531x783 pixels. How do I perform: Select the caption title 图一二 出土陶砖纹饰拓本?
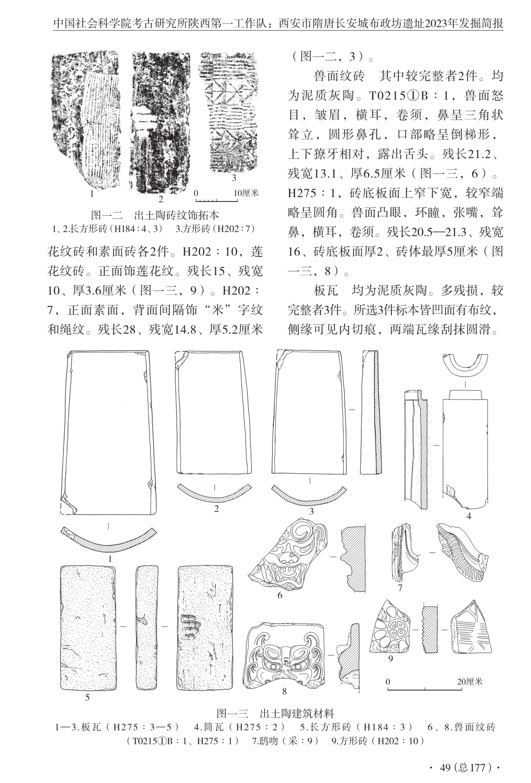pyautogui.click(x=155, y=215)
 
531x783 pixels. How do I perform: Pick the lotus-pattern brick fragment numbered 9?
pyautogui.click(x=394, y=627)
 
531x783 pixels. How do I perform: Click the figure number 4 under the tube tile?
pyautogui.click(x=469, y=516)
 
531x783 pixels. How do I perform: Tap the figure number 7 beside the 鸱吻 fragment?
pyautogui.click(x=400, y=588)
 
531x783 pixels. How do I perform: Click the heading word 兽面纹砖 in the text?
pyautogui.click(x=338, y=76)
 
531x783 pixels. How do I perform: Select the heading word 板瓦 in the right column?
pyautogui.click(x=325, y=290)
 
